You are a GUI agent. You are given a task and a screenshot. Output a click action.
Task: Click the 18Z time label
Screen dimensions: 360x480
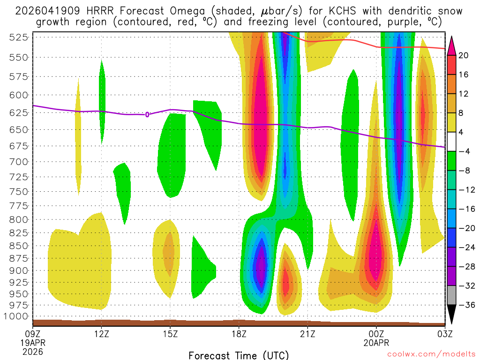click(239, 334)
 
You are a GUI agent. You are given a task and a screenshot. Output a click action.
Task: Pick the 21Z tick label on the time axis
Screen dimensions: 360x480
click(307, 334)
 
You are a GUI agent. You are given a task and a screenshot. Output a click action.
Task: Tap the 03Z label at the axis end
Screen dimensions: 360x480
click(444, 334)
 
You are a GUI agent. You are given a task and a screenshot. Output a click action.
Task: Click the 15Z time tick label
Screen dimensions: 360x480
click(170, 334)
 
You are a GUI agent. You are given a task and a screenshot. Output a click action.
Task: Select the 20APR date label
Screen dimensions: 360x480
click(376, 343)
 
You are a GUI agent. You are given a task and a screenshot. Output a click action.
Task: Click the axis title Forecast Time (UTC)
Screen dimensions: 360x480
click(239, 355)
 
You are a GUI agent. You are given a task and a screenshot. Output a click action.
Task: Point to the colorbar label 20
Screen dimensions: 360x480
click(464, 55)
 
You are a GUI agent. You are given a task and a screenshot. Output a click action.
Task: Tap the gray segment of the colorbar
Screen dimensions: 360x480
click(452, 295)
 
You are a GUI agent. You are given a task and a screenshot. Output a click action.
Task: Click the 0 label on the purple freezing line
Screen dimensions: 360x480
click(147, 114)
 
